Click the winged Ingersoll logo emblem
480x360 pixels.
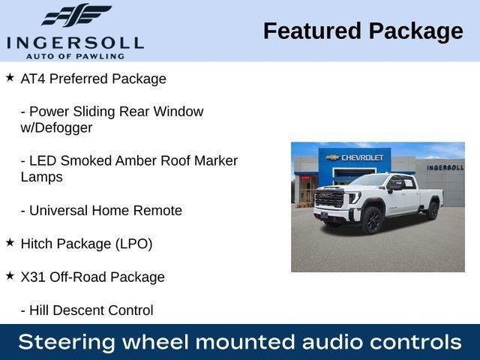point(76,15)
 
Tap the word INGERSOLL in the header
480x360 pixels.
point(75,43)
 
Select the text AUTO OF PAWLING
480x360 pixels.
point(75,56)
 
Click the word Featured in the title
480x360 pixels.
point(313,31)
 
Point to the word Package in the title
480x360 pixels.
point(416,32)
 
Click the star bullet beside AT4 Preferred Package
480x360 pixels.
point(10,77)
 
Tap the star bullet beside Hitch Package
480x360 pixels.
point(10,243)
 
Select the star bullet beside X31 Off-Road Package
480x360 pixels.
point(10,276)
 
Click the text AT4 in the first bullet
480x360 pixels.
point(33,79)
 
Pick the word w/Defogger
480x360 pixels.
point(56,127)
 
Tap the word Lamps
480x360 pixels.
point(42,177)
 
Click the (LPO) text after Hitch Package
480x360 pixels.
point(133,244)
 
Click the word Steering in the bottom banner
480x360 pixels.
point(67,342)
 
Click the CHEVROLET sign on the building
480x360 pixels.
point(362,157)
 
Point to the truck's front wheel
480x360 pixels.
point(372,220)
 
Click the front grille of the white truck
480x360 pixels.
point(329,197)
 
